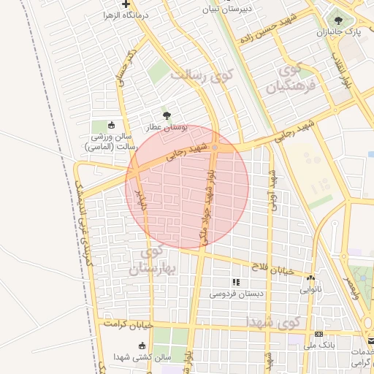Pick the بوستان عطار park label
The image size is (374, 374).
[x=167, y=127]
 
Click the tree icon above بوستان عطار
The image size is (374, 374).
[x=167, y=115]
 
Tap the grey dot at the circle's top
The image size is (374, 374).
[x=215, y=148]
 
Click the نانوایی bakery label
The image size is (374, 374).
[x=310, y=289]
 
